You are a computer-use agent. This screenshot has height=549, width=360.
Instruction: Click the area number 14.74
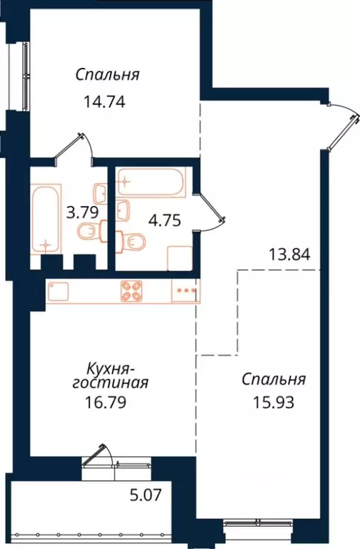[105, 101]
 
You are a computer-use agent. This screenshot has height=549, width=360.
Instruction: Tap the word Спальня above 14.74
[107, 75]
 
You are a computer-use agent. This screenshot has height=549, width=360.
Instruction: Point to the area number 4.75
[163, 219]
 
